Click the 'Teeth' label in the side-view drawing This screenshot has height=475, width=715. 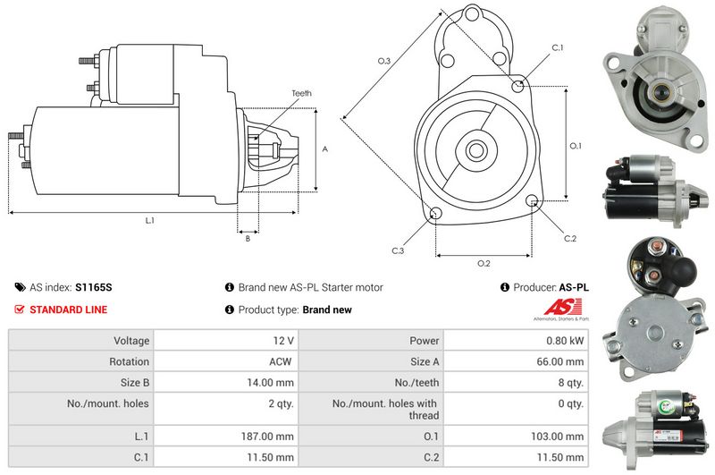point(301,93)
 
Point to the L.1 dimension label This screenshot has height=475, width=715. point(149,220)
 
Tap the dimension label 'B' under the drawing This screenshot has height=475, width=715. point(247,238)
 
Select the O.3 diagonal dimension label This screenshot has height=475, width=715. point(384,61)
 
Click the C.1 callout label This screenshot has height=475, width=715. point(557,47)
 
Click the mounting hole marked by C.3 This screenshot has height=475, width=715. point(435,213)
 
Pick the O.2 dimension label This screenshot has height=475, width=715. point(484,263)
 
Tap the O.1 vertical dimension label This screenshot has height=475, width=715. point(576,145)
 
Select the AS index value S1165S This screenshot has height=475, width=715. point(94,288)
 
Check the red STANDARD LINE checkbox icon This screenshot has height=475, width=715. point(20,310)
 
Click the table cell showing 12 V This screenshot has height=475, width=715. point(284,341)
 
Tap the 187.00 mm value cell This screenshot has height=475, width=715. point(271,437)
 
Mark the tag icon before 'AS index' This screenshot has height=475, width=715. point(20,288)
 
